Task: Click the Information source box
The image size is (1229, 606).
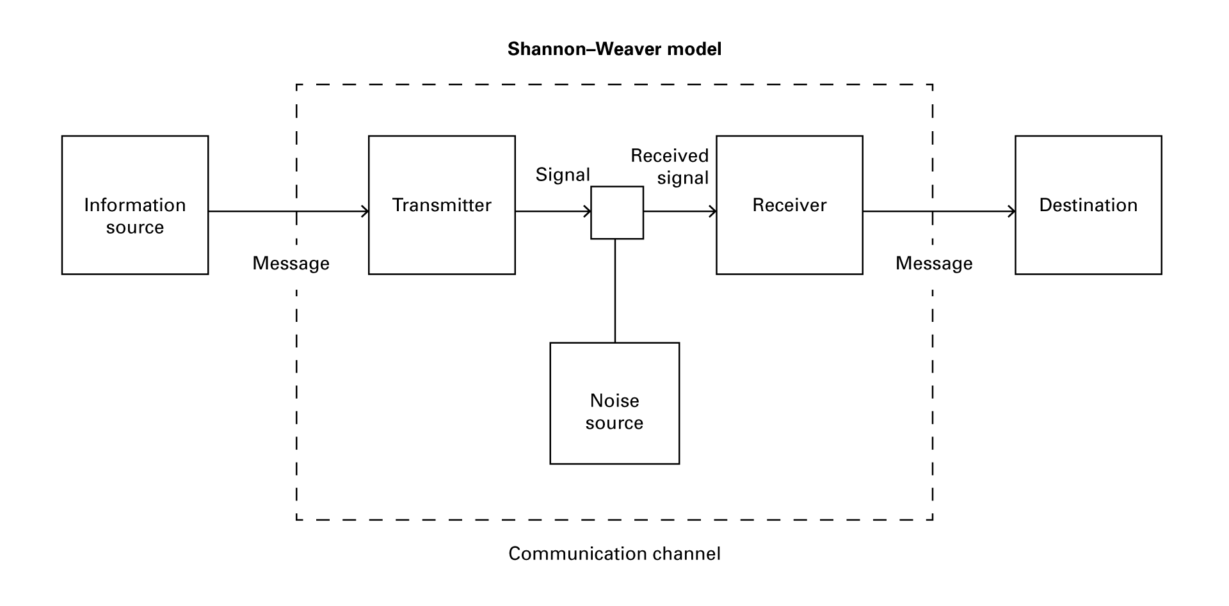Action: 134,205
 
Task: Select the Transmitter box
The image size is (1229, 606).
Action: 442,205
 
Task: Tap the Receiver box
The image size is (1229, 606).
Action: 789,205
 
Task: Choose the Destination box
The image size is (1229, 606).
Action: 1088,205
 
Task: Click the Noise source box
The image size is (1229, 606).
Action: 614,403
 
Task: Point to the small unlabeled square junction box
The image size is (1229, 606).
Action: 616,212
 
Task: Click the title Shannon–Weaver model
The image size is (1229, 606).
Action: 614,49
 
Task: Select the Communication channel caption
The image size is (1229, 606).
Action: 614,554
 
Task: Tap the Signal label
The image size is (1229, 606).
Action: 563,175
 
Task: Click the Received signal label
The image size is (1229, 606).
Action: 670,166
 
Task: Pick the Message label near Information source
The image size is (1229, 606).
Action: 291,263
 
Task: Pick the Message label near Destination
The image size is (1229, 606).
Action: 934,263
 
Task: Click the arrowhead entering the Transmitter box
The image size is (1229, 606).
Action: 366,211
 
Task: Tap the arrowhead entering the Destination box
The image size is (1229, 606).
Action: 1013,211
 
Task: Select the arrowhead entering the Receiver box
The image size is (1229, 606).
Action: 713,211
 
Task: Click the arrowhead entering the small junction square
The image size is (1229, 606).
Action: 588,211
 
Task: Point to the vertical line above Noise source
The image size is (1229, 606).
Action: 615,291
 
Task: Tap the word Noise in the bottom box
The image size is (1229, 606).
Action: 614,401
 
